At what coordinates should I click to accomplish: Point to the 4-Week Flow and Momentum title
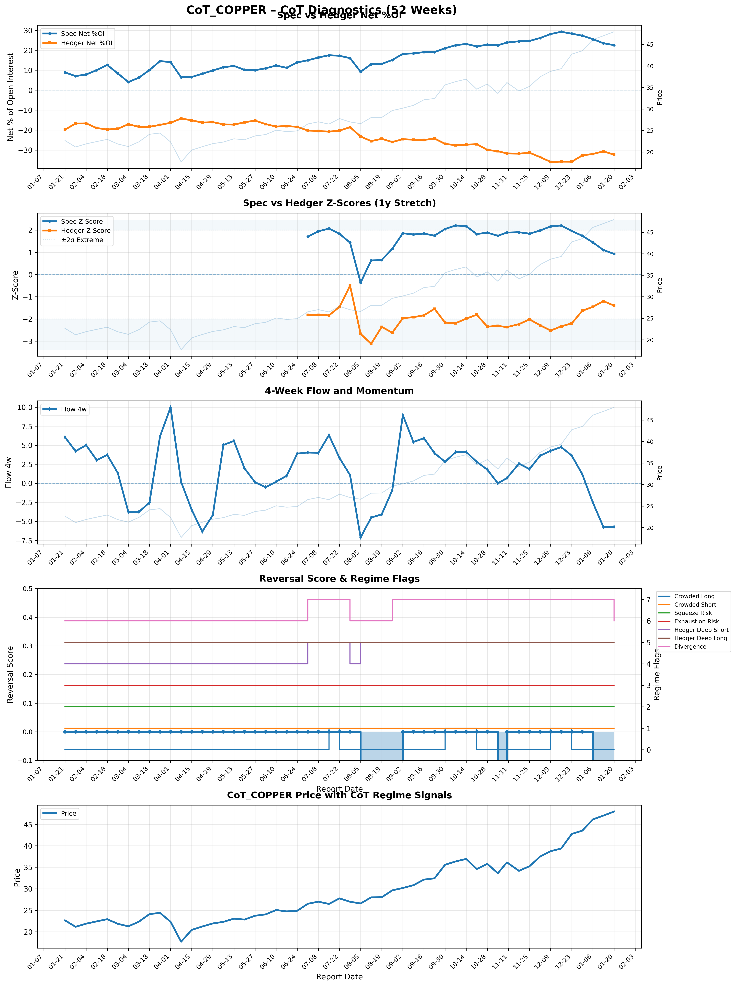coord(339,391)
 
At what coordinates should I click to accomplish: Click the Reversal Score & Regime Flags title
coord(339,579)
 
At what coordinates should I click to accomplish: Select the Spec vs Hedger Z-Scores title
coord(339,203)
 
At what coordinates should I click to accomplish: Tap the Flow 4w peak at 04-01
coord(170,407)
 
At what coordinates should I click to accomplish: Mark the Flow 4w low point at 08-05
coord(360,538)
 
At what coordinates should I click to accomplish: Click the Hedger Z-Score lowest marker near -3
coord(371,344)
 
